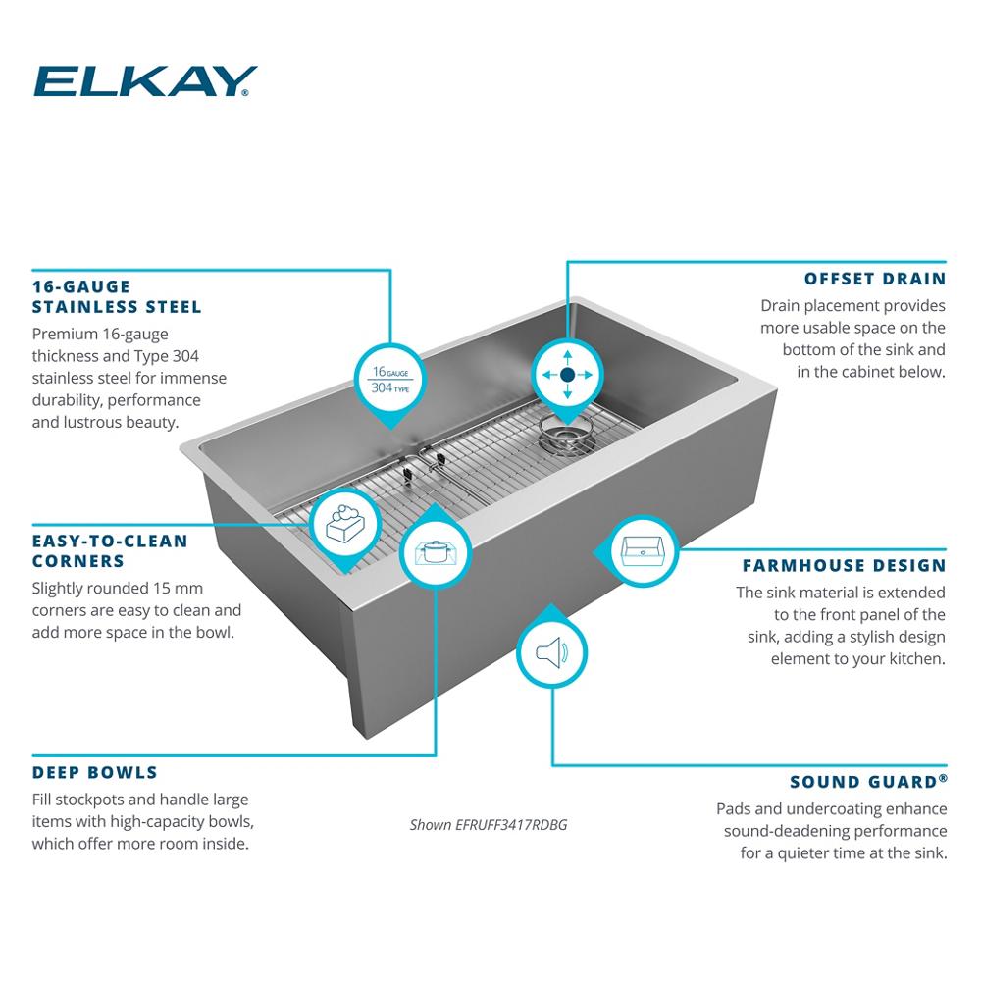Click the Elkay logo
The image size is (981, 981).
145,81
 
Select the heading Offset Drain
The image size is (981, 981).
875,279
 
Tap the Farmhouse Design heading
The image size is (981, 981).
844,566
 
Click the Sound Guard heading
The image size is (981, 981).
868,782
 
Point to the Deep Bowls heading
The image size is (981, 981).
94,773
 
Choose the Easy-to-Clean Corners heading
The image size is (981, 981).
110,551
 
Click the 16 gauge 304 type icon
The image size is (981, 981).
390,380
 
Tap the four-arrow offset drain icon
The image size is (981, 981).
567,375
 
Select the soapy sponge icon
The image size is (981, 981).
345,524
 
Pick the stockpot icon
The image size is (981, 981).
436,553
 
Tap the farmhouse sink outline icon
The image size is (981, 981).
643,551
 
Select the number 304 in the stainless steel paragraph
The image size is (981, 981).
185,357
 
